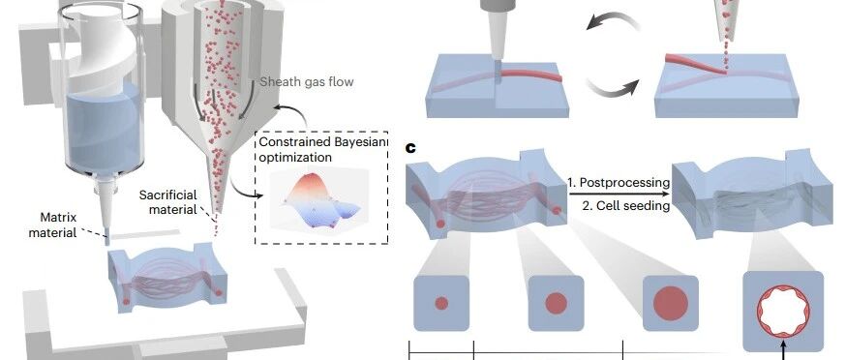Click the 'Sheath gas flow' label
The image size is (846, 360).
click(x=307, y=82)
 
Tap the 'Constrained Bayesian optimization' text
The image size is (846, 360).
click(x=322, y=149)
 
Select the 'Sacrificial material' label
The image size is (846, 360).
click(x=167, y=202)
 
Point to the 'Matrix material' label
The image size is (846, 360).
click(x=58, y=225)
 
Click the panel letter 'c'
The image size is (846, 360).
click(x=410, y=147)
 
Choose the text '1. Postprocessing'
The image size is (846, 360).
click(x=619, y=183)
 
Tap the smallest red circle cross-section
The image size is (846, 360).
click(x=441, y=303)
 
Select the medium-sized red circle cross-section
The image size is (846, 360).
click(x=556, y=303)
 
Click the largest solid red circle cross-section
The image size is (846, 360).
click(x=671, y=303)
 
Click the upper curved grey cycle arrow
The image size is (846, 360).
click(x=612, y=20)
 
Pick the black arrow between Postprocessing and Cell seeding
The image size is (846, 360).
click(x=619, y=194)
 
